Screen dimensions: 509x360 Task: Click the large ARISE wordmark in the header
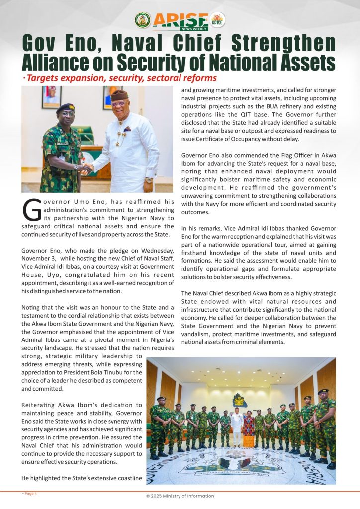180,20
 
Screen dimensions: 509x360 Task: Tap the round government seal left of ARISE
143,20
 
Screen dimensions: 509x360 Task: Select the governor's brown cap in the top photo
119,95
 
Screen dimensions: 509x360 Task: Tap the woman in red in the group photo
248,425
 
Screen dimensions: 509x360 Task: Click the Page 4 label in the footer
30,494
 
